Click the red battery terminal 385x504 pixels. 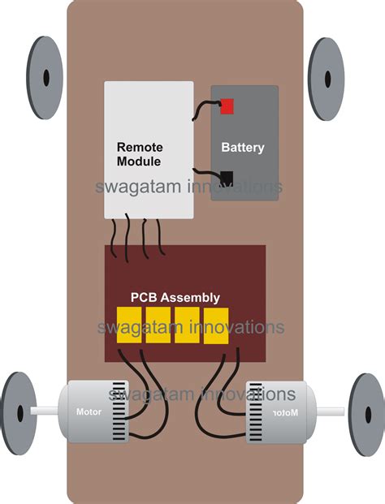227,106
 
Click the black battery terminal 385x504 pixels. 227,177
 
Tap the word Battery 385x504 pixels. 243,149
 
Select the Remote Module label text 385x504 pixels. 140,154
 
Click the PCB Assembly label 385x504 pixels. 175,298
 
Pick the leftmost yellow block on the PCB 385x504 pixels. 129,325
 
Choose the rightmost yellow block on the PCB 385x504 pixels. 216,325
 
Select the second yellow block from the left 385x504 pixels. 158,325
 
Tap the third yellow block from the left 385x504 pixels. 188,325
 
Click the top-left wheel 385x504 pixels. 46,77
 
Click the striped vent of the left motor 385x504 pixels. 119,412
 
